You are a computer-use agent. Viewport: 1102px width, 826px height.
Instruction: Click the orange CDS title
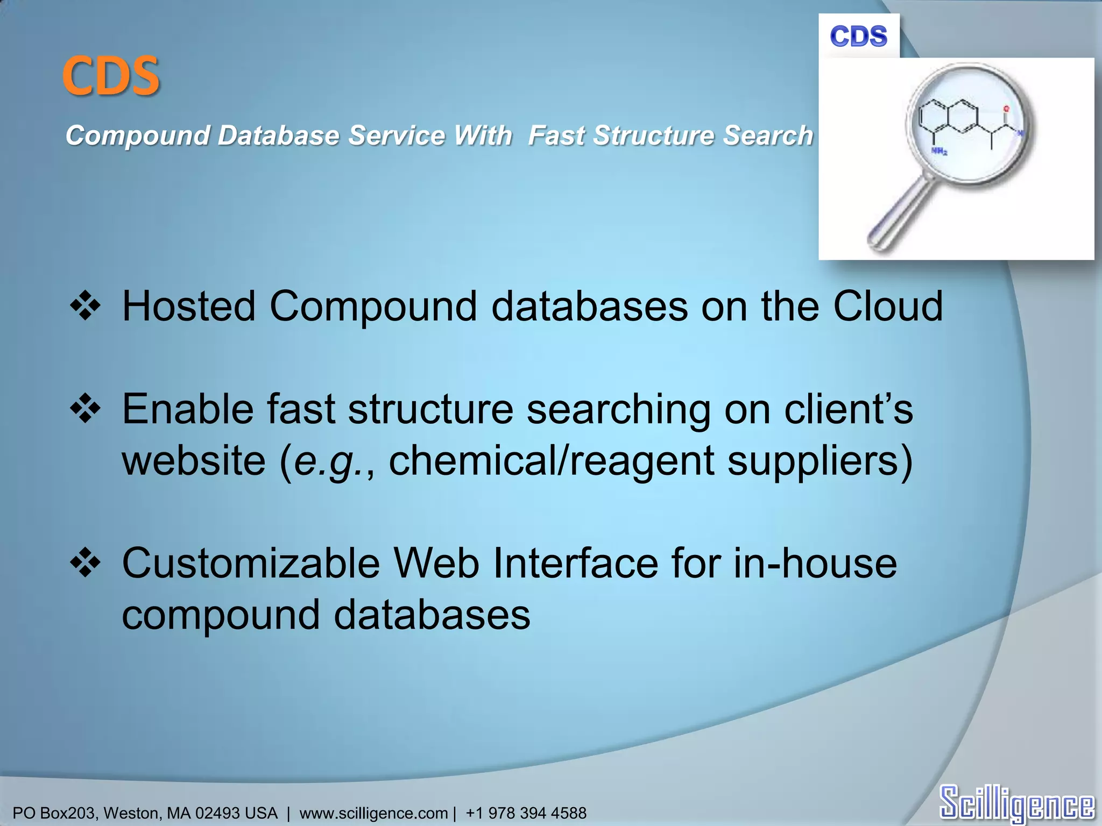(111, 76)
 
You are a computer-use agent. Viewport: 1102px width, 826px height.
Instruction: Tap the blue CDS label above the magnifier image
(858, 37)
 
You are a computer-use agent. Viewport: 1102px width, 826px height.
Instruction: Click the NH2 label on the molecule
(939, 152)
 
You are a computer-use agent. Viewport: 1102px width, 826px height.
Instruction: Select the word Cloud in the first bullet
(888, 307)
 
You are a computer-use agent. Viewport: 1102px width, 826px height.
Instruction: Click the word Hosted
(188, 307)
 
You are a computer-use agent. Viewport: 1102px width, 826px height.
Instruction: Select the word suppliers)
(820, 461)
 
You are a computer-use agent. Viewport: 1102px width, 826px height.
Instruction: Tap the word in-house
(815, 564)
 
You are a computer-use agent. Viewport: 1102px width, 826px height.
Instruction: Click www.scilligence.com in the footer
(373, 813)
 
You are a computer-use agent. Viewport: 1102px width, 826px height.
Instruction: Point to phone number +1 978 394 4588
(526, 813)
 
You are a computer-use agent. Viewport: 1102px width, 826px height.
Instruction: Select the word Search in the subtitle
(767, 136)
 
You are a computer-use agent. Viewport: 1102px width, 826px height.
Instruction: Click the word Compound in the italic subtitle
(137, 136)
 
